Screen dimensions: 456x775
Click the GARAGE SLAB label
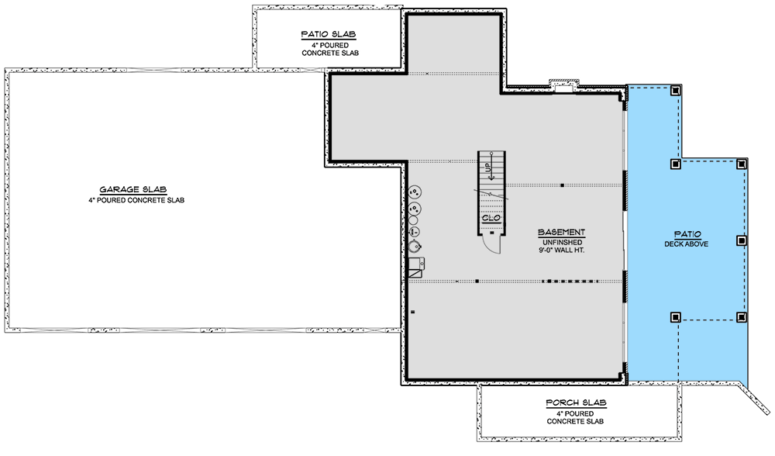pyautogui.click(x=134, y=189)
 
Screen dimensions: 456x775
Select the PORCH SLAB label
pyautogui.click(x=575, y=402)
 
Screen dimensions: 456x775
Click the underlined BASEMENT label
pyautogui.click(x=561, y=232)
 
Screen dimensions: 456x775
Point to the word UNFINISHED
pyautogui.click(x=561, y=241)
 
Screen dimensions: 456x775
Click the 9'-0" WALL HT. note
pyautogui.click(x=561, y=250)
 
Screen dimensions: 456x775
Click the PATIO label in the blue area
pyautogui.click(x=682, y=233)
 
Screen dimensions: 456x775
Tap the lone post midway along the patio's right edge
pyautogui.click(x=742, y=240)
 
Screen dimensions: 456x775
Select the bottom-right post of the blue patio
pyautogui.click(x=742, y=316)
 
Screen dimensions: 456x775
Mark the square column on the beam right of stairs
pyautogui.click(x=561, y=185)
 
